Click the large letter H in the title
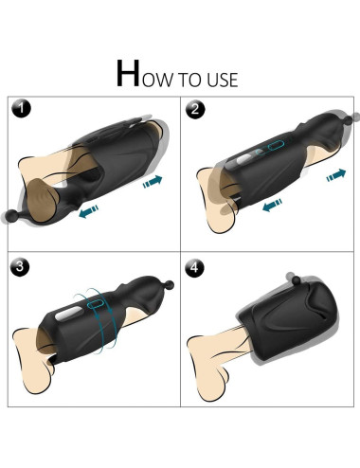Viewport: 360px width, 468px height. pos(128,73)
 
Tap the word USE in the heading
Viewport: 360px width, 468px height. pos(222,80)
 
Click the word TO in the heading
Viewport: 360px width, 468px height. pos(190,80)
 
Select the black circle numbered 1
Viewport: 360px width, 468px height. pos(22,109)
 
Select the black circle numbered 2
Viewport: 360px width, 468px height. pos(195,109)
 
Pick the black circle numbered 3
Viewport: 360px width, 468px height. pos(20,268)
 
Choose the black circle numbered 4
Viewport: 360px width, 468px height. pos(194,268)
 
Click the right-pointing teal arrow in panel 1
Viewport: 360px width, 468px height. pos(153,181)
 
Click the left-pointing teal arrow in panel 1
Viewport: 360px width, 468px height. pos(88,211)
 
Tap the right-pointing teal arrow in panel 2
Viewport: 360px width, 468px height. pos(336,174)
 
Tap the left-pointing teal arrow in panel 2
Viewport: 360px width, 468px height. pos(272,205)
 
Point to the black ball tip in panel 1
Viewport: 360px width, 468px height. pos(11,216)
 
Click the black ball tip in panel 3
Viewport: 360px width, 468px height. pos(170,285)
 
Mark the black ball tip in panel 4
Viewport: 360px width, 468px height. pos(297,279)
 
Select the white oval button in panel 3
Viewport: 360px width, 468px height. pos(66,315)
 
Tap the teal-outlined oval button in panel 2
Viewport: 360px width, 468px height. pos(276,145)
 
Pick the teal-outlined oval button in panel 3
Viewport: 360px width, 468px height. pos(95,304)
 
